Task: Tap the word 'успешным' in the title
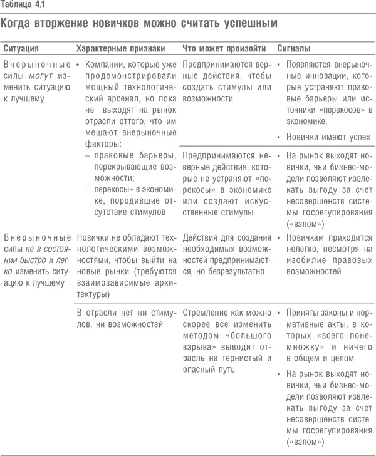coord(246,24)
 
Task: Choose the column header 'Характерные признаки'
coord(120,48)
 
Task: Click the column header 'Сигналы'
coord(294,48)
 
